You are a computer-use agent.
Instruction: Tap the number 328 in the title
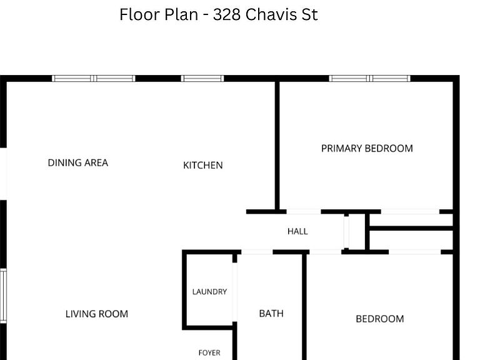[226, 14]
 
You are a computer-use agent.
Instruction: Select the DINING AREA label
[78, 162]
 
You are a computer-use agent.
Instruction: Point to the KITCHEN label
[203, 165]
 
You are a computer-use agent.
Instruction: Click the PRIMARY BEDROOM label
[367, 149]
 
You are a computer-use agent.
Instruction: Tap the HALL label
[297, 231]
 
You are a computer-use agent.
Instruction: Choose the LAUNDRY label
[210, 292]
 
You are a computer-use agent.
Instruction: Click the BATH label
[271, 314]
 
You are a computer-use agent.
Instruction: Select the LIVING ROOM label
[97, 314]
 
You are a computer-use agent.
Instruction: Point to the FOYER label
[209, 353]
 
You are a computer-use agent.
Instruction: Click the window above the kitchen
[202, 78]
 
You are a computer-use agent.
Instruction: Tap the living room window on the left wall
[3, 296]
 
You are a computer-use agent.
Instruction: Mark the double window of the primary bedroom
[369, 78]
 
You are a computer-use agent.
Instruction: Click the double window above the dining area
[93, 78]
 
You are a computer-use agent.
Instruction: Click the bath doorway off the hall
[257, 252]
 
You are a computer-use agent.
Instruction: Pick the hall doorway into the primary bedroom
[304, 211]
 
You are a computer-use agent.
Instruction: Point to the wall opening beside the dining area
[3, 174]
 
